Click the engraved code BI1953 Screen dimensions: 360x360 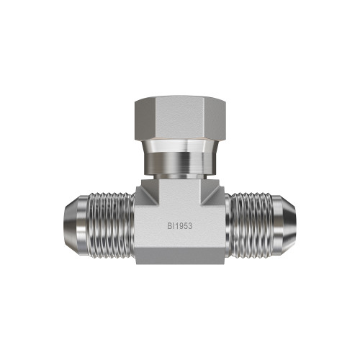click(x=180, y=226)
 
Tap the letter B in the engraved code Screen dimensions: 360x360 click(x=169, y=226)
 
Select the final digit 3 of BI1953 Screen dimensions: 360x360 click(x=190, y=226)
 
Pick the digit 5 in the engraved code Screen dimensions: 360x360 click(x=185, y=226)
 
